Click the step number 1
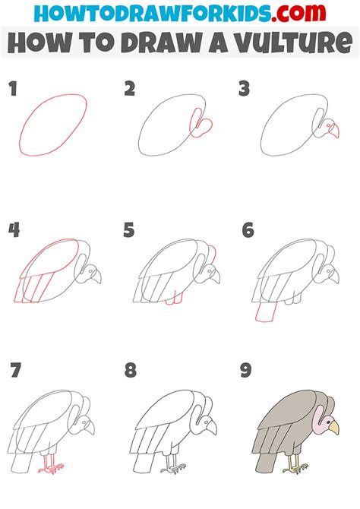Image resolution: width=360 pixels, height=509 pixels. tap(13, 90)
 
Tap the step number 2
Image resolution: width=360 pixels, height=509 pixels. tap(130, 90)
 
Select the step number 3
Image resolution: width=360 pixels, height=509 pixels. tap(245, 90)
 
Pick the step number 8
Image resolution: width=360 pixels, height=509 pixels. tap(130, 371)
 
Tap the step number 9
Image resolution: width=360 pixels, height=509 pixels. tap(247, 371)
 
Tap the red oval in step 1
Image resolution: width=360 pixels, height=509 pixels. tap(54, 125)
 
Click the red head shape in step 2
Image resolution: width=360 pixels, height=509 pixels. tap(201, 126)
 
